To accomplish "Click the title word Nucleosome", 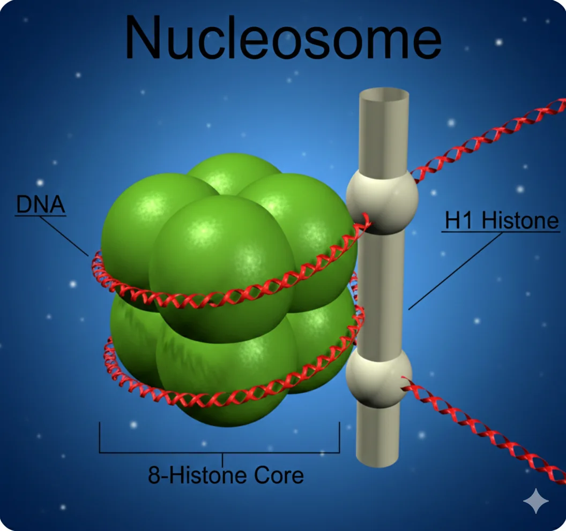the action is (x=283, y=37).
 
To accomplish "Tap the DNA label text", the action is (x=40, y=204).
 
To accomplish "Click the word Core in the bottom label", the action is (x=279, y=475).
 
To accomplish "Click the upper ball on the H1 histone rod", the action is (x=382, y=201).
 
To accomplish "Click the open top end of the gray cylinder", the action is (x=384, y=95).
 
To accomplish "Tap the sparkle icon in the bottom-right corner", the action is (x=536, y=500).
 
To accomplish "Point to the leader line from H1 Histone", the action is (x=455, y=271).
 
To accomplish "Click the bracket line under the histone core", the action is (x=219, y=452).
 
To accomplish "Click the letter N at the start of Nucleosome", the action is (x=143, y=37).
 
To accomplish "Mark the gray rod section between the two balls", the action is (x=381, y=292).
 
